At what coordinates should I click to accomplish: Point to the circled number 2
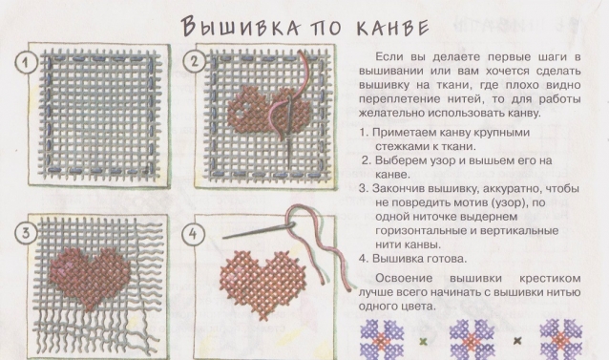195,62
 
